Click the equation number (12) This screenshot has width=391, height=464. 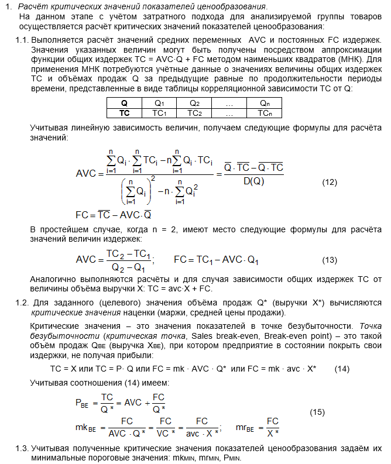[x=330, y=182]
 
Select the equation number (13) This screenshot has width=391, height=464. [x=330, y=260]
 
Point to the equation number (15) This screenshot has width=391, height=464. [x=317, y=412]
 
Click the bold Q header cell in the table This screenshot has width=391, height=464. [x=124, y=103]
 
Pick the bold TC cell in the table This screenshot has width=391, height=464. [x=124, y=112]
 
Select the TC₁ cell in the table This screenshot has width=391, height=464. [x=160, y=112]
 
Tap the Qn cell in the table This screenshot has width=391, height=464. [x=265, y=103]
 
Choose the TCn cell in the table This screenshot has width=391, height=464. [x=265, y=112]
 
